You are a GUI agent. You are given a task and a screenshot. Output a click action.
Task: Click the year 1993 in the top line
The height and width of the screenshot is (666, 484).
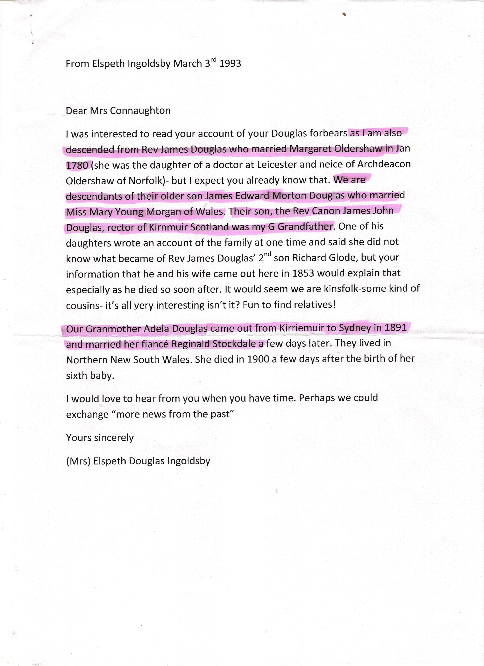[230, 63]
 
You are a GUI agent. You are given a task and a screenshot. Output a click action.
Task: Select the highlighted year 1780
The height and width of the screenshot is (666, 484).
[77, 165]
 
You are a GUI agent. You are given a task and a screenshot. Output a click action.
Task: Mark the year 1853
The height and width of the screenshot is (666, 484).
[303, 273]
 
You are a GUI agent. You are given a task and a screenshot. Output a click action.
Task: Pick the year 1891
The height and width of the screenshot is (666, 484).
[396, 327]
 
